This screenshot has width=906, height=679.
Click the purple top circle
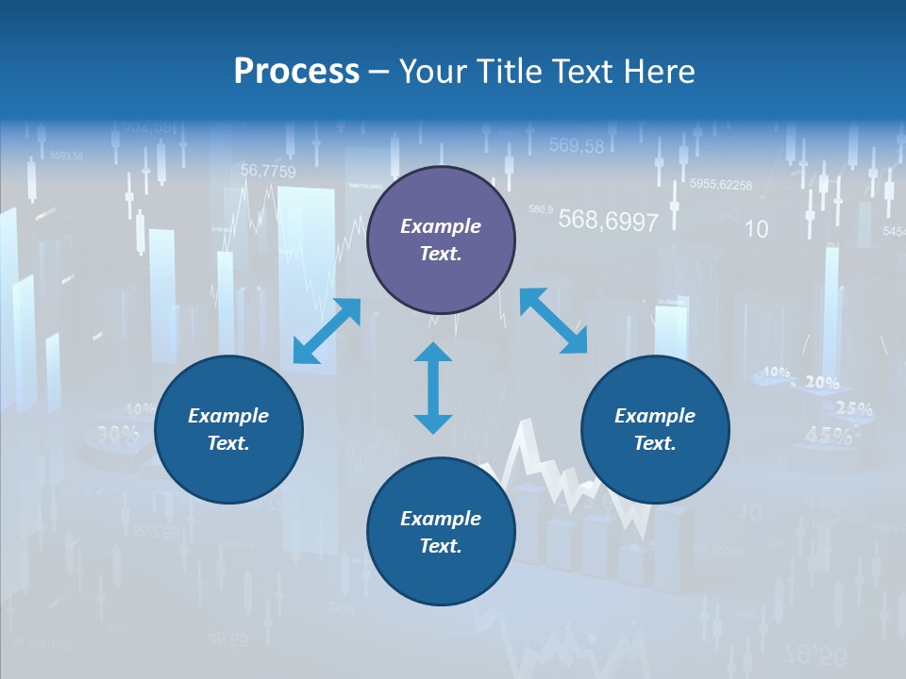pos(441,240)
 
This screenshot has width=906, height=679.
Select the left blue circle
pos(228,430)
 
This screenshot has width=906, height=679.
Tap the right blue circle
pos(655,430)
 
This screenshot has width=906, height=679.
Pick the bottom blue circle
pos(441,532)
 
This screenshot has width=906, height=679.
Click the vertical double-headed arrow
pos(433,388)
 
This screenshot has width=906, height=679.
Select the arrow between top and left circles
pos(327,330)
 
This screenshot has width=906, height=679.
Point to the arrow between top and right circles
pos(553,322)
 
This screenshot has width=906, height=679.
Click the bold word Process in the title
pos(296,71)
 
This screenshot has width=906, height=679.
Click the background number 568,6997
pos(608,221)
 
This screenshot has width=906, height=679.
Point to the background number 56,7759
pos(267,171)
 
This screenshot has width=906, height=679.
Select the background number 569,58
pos(576,145)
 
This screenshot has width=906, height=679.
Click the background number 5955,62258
pos(721,185)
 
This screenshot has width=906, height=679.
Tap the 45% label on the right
pos(828,435)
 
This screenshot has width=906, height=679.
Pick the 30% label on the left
pos(117,434)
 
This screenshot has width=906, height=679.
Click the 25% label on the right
pos(853,409)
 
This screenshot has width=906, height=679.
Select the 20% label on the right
pos(821,383)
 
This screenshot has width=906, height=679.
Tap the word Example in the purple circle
pos(441,226)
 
